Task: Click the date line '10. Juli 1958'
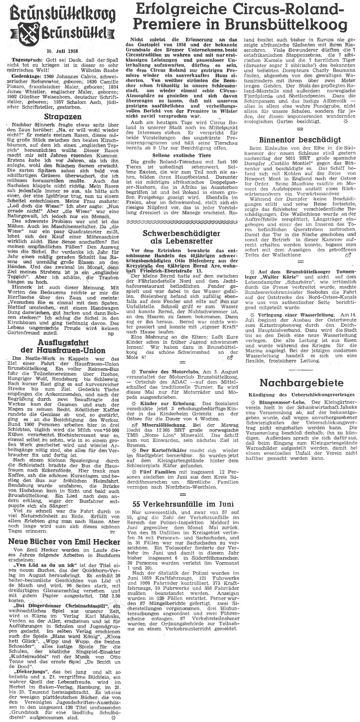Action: (63, 51)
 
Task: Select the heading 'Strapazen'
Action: (63, 116)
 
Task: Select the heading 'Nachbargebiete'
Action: (301, 383)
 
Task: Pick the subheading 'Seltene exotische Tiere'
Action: (182, 155)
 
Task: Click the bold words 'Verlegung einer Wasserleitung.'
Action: (293, 315)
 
